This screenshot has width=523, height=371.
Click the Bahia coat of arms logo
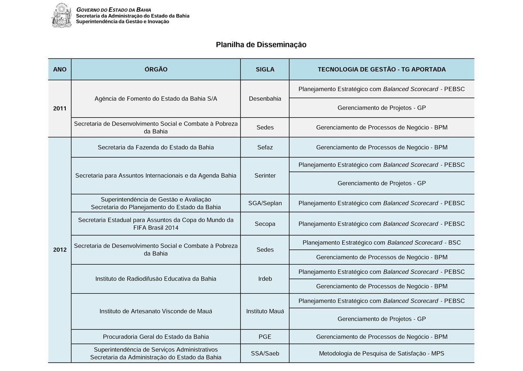62,15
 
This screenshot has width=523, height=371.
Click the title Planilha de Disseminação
261,44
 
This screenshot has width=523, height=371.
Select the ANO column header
60,69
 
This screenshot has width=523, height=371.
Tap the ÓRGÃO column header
156,69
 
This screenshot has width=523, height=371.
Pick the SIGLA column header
265,69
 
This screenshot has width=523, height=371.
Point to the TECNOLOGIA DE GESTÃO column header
381,69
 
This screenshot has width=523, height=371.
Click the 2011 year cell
60,108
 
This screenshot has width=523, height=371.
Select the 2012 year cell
60,250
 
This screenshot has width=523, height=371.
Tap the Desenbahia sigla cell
265,99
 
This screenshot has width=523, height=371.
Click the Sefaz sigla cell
265,147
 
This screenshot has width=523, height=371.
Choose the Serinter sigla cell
265,175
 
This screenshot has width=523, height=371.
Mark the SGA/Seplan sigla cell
265,203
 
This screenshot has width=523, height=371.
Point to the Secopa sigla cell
265,224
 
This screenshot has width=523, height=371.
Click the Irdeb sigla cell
265,279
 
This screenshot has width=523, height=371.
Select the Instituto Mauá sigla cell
265,311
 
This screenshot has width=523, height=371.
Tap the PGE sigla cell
265,337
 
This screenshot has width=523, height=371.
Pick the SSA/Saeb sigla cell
265,354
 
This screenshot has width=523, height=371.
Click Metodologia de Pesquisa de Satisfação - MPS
381,354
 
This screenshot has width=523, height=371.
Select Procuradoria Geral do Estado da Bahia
156,337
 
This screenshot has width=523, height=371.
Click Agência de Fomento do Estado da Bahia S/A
156,99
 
